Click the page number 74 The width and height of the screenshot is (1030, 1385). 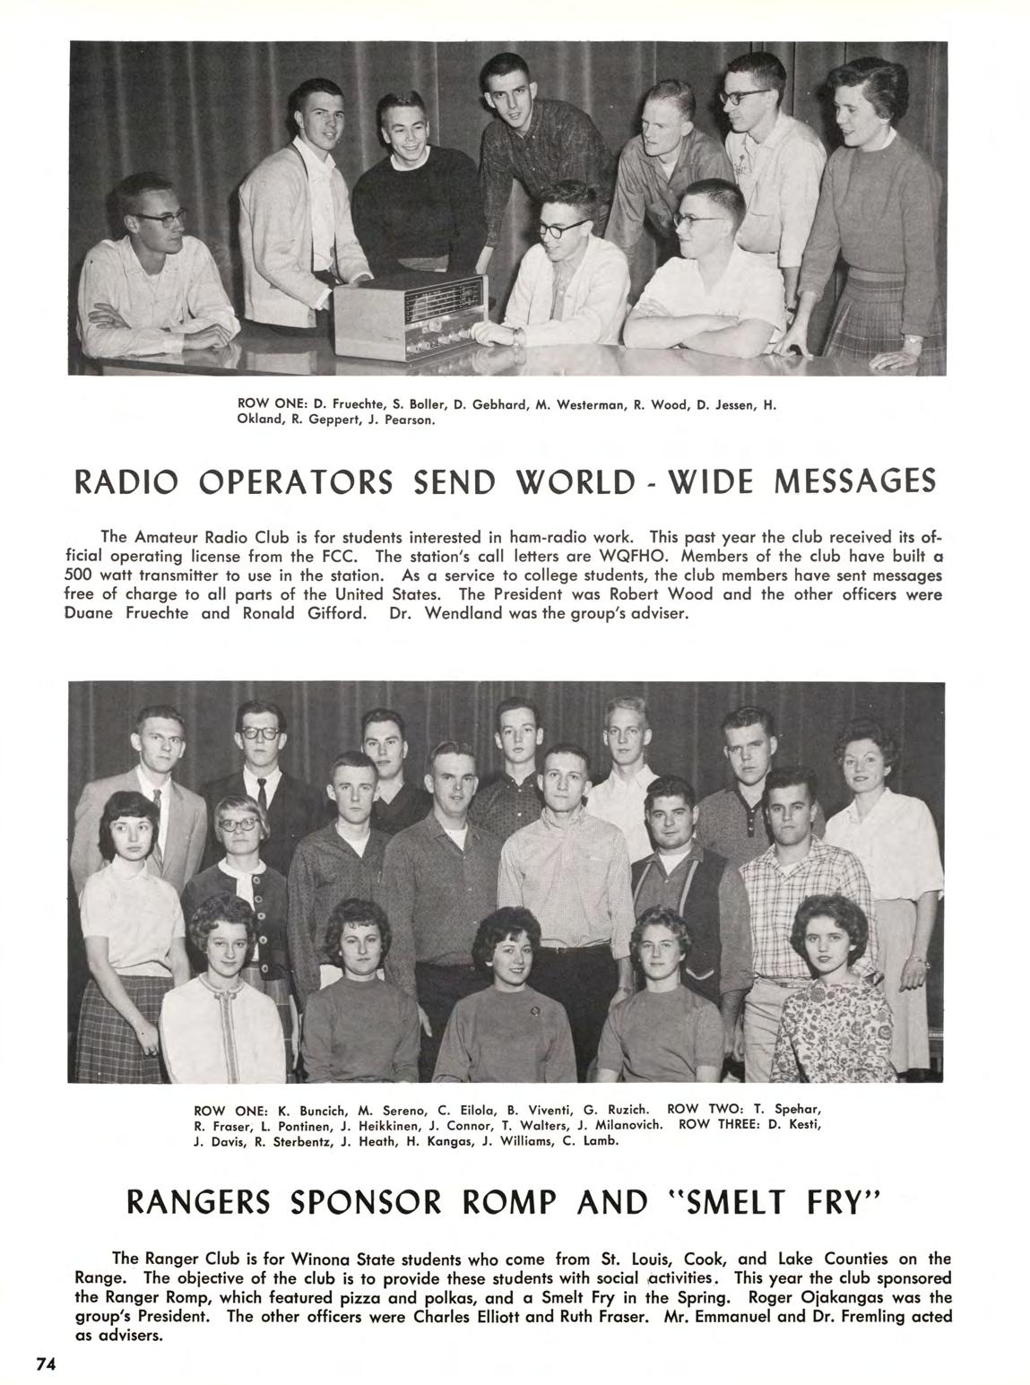(46, 1363)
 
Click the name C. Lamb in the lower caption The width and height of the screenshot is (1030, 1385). (595, 1141)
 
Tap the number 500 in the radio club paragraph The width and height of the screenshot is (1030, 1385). (82, 575)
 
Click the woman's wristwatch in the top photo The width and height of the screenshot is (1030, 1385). (912, 341)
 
